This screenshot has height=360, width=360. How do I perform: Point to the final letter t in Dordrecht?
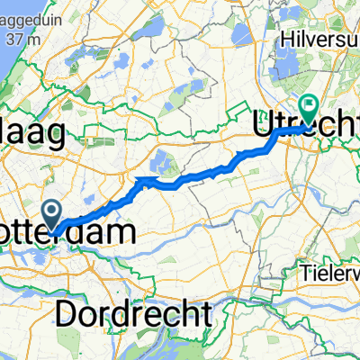coord(206,315)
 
